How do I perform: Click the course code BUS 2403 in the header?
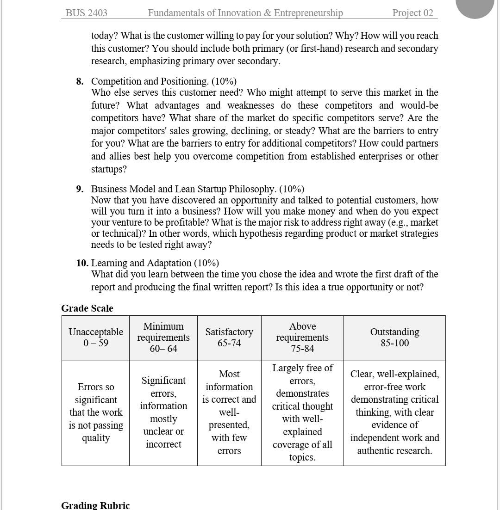(87, 13)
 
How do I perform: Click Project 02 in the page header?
(412, 13)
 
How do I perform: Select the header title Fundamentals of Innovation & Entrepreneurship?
(245, 13)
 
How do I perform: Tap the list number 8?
(80, 81)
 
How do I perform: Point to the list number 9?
(80, 189)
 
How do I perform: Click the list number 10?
(82, 263)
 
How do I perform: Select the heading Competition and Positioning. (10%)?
(164, 81)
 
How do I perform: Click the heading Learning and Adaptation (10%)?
(155, 263)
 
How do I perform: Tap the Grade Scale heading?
(87, 308)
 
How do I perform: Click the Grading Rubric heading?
(95, 505)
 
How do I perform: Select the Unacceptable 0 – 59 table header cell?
(96, 338)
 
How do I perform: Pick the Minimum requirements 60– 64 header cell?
(163, 338)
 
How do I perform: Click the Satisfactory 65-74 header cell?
(229, 338)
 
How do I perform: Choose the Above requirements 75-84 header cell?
(302, 338)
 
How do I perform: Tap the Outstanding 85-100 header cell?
(394, 338)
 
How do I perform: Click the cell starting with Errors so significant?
(96, 412)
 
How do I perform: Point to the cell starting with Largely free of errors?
(302, 412)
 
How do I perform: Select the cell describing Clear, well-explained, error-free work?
(394, 412)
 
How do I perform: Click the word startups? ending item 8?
(109, 169)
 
